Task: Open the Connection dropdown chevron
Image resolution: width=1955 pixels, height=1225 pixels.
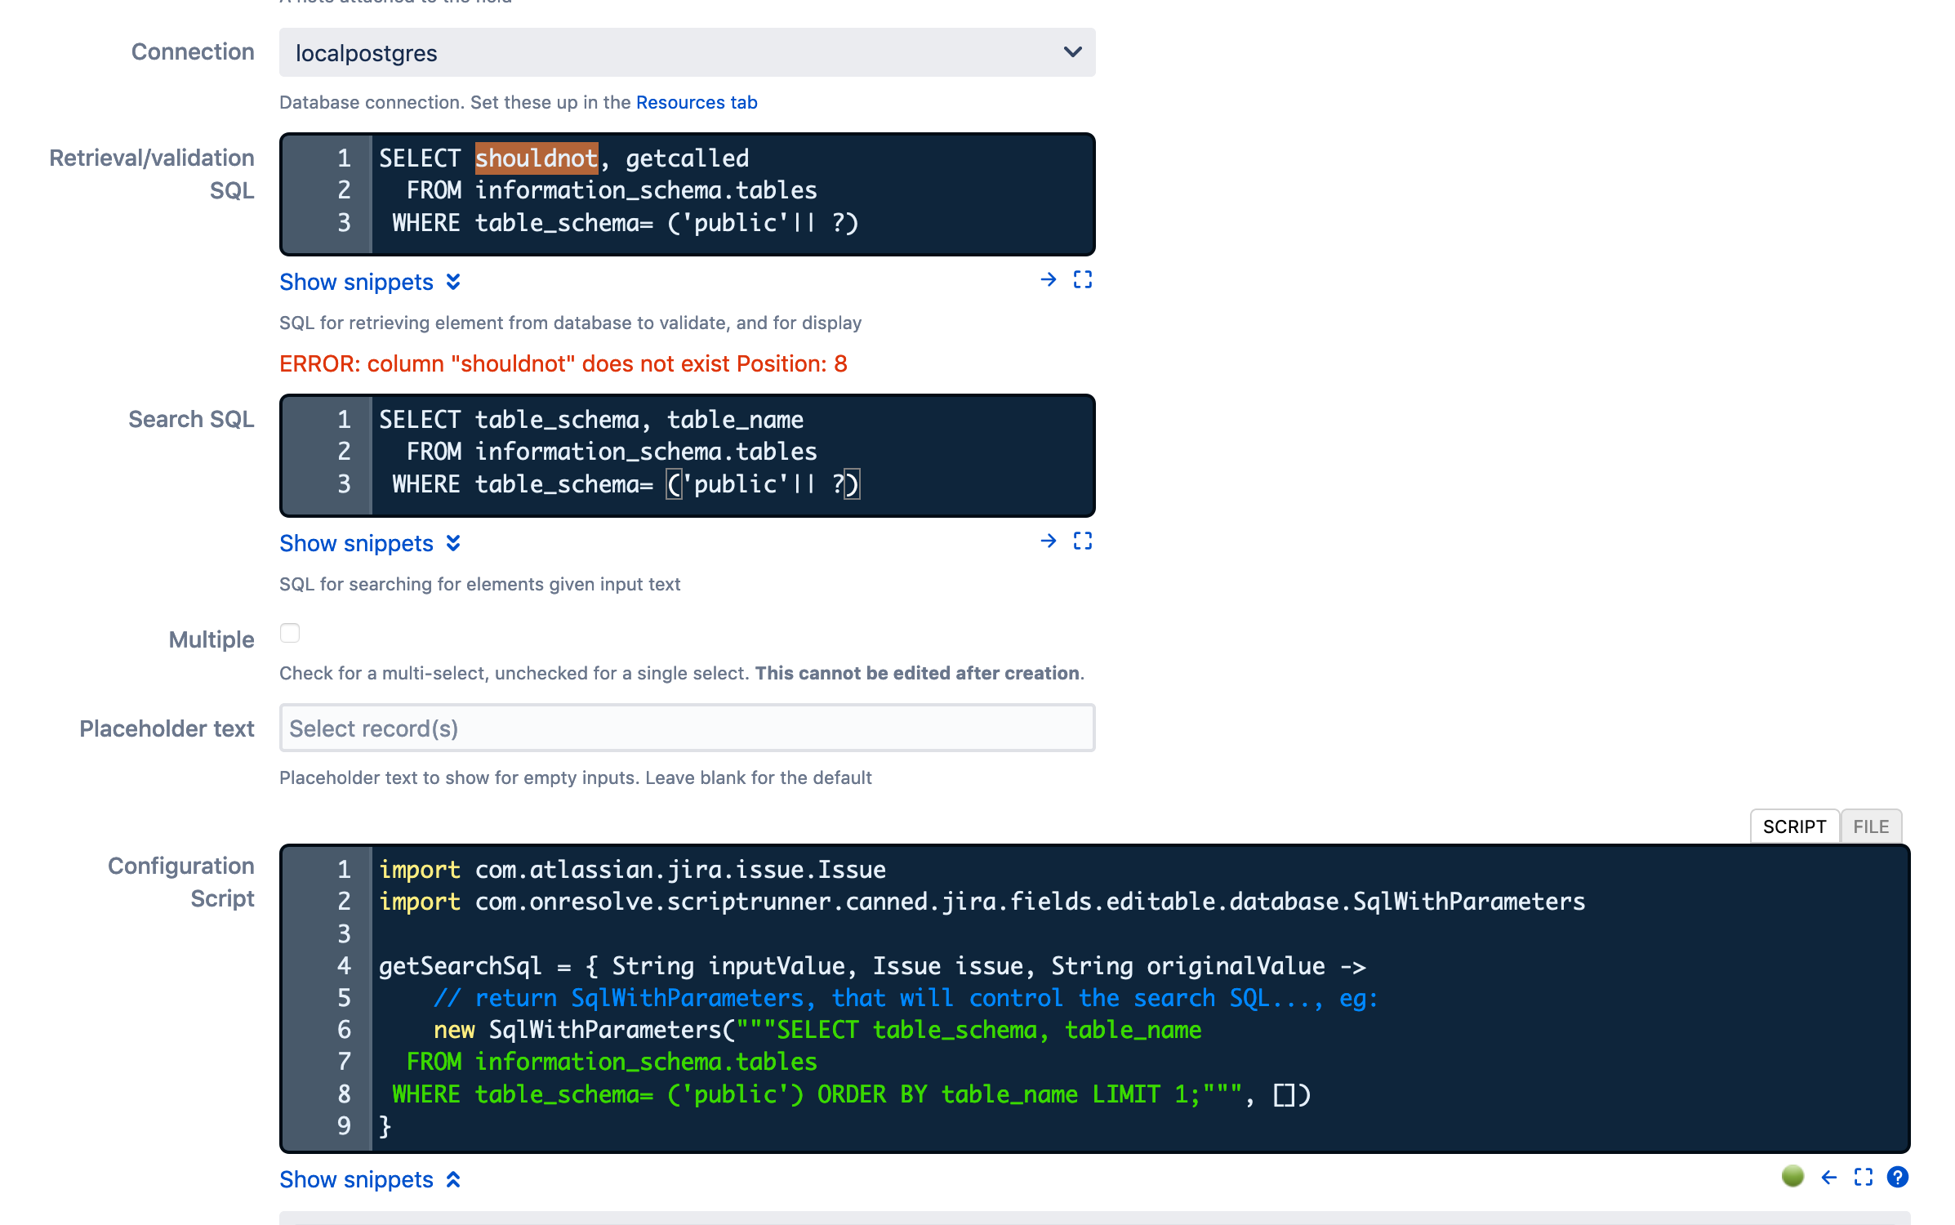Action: (x=1073, y=52)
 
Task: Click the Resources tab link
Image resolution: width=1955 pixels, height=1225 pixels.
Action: (x=697, y=102)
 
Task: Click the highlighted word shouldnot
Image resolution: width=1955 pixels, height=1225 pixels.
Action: (x=537, y=158)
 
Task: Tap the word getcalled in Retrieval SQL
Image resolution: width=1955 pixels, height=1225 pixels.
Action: (x=688, y=158)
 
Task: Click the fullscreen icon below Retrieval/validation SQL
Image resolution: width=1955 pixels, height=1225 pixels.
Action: (x=1083, y=280)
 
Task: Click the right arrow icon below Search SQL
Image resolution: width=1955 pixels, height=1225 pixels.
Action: (x=1049, y=541)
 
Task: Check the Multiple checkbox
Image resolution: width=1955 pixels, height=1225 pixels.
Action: (x=290, y=633)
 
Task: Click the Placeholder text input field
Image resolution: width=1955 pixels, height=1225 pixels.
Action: (x=687, y=728)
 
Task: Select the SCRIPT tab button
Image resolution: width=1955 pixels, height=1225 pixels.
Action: (x=1794, y=826)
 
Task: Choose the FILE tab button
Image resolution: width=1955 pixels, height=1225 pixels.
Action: (x=1871, y=826)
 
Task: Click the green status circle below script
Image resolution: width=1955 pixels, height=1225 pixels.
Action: (x=1792, y=1176)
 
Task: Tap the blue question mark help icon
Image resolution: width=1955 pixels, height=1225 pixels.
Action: (x=1898, y=1177)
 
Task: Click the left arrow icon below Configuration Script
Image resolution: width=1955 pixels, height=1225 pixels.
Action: (x=1829, y=1177)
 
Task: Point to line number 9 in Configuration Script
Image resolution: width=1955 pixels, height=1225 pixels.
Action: (x=344, y=1125)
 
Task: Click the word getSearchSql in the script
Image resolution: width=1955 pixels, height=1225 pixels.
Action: (x=460, y=966)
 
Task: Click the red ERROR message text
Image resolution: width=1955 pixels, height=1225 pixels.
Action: (x=563, y=363)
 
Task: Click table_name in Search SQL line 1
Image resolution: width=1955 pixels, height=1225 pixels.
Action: (x=735, y=420)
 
